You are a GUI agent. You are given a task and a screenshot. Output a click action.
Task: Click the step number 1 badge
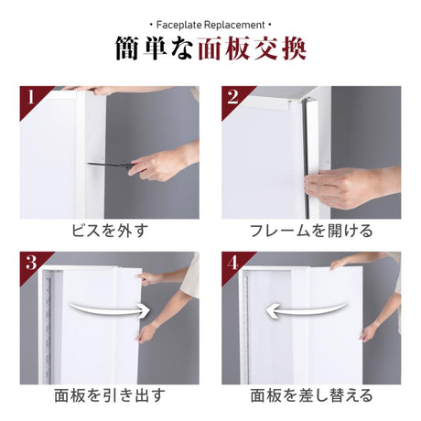tap(30, 97)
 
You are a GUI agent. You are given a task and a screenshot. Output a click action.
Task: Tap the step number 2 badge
tap(232, 97)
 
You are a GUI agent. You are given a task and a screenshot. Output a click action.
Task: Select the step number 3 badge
tap(31, 263)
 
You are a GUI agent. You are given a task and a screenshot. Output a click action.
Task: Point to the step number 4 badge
tap(232, 263)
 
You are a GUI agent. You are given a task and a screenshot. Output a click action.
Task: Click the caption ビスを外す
tap(110, 231)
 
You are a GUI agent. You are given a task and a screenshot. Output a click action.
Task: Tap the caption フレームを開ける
tap(311, 231)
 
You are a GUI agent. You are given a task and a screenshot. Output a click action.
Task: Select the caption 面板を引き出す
tap(110, 395)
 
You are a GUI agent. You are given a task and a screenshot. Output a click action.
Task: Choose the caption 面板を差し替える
tap(311, 395)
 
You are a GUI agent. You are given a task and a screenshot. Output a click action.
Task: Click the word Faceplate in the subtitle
tap(179, 25)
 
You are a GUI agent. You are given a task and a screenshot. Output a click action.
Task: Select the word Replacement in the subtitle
tap(234, 25)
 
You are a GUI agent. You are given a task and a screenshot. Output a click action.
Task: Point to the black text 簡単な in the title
tap(154, 49)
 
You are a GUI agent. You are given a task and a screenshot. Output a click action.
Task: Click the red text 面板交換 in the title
tap(252, 49)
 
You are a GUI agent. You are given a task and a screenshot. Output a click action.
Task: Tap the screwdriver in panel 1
tap(112, 166)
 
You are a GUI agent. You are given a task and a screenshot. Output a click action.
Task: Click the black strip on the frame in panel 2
tap(306, 158)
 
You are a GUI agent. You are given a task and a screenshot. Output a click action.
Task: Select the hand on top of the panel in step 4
tap(342, 264)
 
